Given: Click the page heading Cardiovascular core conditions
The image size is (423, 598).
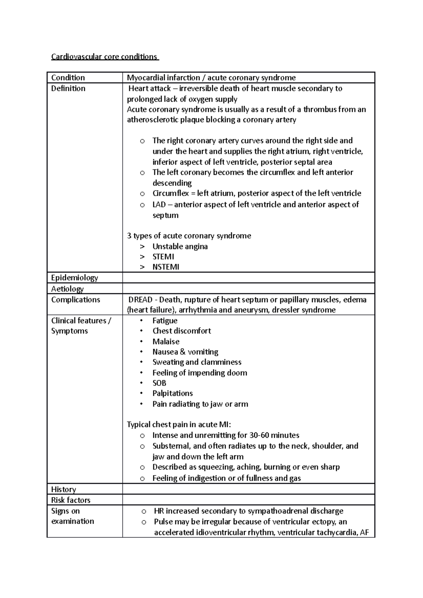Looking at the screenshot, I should click(104, 57).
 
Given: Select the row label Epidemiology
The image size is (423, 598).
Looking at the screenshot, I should click(74, 278).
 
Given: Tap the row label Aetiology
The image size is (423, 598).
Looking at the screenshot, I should click(67, 289).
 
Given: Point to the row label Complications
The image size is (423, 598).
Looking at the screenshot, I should click(75, 300).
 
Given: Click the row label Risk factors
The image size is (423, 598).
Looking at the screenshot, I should click(70, 500).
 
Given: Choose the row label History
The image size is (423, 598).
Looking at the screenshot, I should click(63, 489).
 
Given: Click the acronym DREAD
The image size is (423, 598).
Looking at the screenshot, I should click(140, 300).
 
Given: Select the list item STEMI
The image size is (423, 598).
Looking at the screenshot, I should click(163, 257).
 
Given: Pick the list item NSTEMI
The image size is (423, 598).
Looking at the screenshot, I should click(166, 267).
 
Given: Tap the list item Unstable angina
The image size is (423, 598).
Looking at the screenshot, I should click(180, 247).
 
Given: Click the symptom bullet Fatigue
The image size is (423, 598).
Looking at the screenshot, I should click(165, 321).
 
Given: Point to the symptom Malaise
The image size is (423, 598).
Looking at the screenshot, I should click(166, 342).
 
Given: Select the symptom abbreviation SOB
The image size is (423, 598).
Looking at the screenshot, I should click(159, 383).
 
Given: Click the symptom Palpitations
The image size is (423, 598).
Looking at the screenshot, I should click(172, 393).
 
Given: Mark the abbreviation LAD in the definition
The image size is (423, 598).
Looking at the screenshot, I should click(159, 205).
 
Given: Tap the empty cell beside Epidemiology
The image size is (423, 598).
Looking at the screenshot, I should click(248, 278).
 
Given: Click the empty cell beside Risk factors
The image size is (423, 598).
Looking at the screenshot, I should click(248, 500).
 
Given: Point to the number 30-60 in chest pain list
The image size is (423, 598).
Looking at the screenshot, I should click(261, 435).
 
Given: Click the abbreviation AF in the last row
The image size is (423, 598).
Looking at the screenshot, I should click(364, 532).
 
